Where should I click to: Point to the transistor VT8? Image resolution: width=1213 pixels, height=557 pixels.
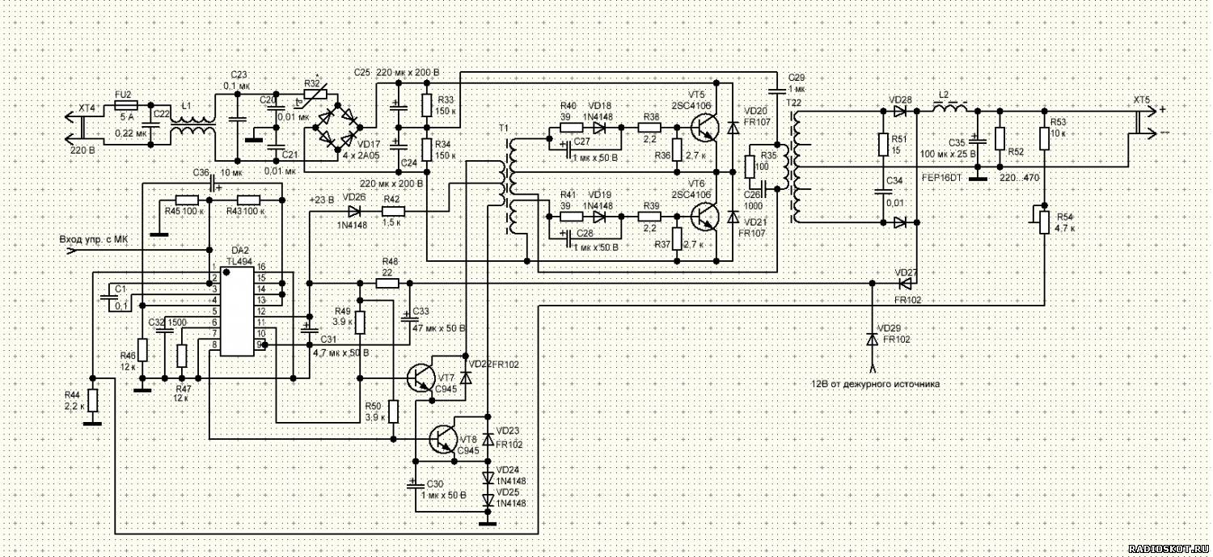coord(442,440)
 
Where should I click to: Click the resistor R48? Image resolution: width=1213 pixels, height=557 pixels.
coord(387,284)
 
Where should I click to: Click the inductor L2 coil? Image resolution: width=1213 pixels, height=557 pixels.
coord(950,108)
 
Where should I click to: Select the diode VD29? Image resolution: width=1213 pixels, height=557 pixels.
coord(872,340)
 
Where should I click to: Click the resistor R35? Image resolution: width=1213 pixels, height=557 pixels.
coord(749,166)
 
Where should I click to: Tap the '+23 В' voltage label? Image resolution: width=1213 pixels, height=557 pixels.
coord(322,199)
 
